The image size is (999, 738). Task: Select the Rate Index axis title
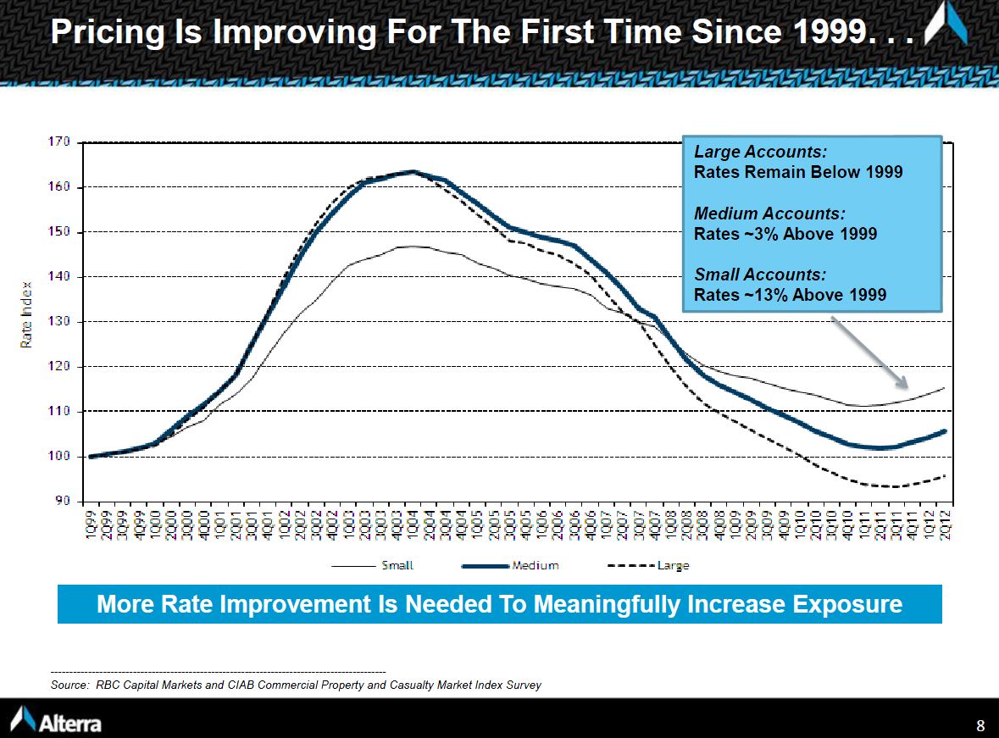(x=27, y=314)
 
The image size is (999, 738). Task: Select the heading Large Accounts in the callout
(x=760, y=153)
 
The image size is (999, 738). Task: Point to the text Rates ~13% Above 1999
(x=790, y=295)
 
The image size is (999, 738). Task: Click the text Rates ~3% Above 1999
(x=785, y=234)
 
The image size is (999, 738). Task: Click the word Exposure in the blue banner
(x=847, y=604)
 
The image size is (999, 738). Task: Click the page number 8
(x=980, y=725)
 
